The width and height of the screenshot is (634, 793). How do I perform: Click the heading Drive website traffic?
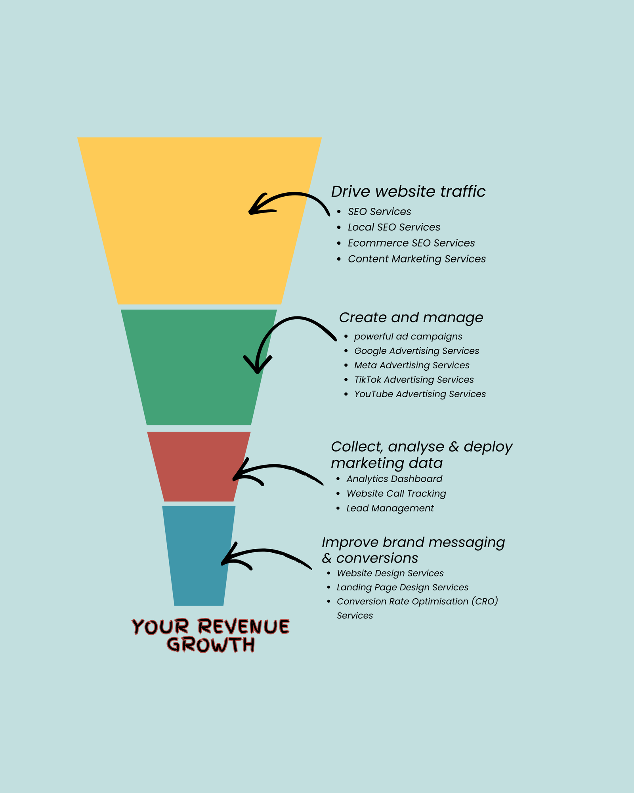(408, 192)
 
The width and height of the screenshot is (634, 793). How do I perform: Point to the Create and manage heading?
(411, 318)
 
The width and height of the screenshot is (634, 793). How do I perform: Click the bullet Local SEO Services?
(394, 227)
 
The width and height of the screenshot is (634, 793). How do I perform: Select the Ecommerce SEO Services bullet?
(411, 243)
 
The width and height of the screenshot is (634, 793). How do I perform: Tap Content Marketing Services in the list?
(416, 259)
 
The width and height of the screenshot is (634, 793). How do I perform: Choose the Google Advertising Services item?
(416, 351)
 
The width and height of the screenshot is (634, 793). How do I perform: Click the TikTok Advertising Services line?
(414, 380)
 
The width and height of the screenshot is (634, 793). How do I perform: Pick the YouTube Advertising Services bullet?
(420, 394)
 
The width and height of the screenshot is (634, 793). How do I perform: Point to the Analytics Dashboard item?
(394, 479)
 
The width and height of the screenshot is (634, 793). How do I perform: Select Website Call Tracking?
(396, 494)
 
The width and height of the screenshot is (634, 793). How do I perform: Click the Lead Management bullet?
(390, 508)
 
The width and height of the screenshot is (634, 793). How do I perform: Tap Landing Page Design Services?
(402, 588)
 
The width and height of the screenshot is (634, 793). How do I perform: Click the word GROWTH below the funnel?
(210, 645)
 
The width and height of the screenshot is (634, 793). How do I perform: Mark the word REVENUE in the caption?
(244, 627)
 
